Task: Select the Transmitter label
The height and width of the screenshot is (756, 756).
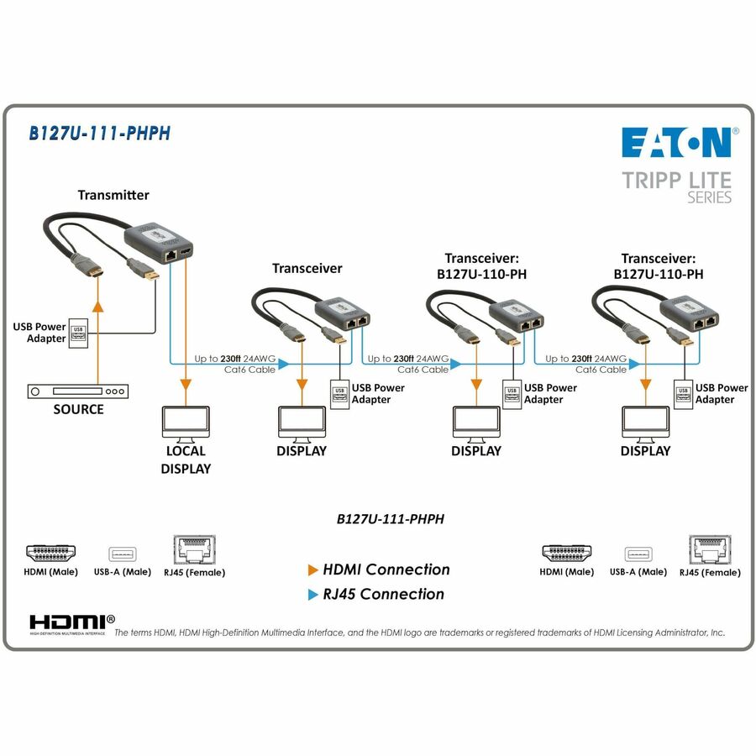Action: pos(113,195)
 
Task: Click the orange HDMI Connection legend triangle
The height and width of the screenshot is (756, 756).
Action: pos(313,570)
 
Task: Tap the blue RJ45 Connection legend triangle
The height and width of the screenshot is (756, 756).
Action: pos(313,595)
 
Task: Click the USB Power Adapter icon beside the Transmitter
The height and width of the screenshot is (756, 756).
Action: pos(78,332)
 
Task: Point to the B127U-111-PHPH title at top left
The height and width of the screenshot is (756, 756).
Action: pos(100,134)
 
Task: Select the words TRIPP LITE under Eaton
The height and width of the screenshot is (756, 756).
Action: pos(676,180)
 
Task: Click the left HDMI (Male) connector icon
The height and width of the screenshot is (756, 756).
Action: pos(51,554)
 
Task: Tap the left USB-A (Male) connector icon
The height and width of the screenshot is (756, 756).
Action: pos(121,554)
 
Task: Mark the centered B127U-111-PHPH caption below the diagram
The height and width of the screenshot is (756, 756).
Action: pos(390,519)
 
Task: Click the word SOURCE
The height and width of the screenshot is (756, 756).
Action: pos(78,410)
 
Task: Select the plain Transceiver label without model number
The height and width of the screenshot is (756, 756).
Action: pos(307,268)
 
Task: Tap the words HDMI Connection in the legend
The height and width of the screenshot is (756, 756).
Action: pos(386,570)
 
